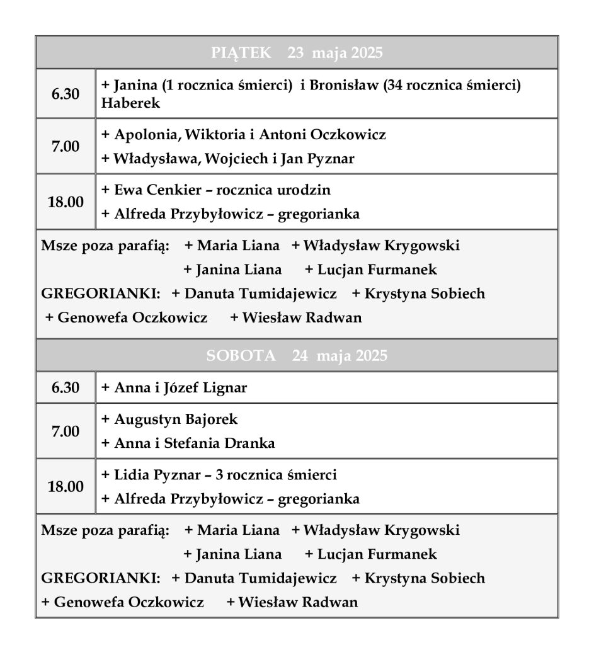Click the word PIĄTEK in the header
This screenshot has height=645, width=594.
tap(241, 53)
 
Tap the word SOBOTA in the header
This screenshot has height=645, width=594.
tap(241, 356)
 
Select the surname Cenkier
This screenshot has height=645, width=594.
tap(176, 190)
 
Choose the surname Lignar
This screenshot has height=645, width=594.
tap(224, 388)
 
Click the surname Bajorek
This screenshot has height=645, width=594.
tap(212, 419)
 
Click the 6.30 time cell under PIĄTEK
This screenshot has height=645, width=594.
tap(66, 94)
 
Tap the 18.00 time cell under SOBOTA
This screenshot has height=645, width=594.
tap(66, 487)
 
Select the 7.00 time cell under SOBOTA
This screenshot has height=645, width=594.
tap(66, 431)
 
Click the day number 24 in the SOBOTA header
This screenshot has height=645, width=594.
tap(300, 356)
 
